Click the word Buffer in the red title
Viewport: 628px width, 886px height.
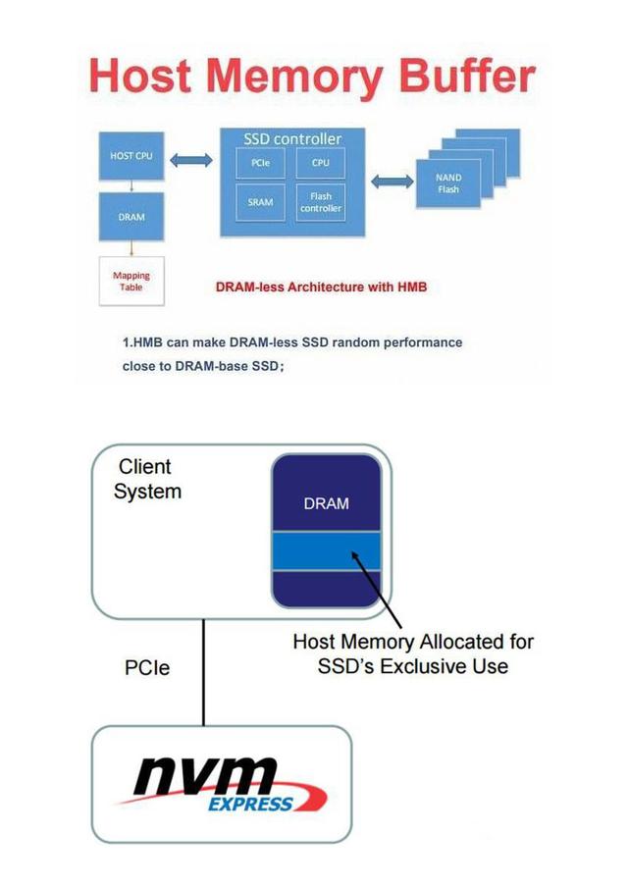[x=460, y=77]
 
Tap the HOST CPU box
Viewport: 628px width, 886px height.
[x=131, y=157]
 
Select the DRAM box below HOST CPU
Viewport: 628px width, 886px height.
[x=131, y=217]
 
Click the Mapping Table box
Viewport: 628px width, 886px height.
[x=131, y=282]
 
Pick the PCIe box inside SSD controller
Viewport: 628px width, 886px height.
[x=260, y=163]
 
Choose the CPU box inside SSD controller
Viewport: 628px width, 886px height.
[x=320, y=163]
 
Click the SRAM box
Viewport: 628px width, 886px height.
[x=260, y=202]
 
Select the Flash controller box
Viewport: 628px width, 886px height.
[x=320, y=202]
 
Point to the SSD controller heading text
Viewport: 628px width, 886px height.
[x=292, y=139]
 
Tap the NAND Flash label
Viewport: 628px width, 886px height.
[x=448, y=183]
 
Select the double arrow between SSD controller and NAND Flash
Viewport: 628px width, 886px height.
[x=392, y=182]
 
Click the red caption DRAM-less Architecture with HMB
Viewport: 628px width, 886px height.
[x=321, y=287]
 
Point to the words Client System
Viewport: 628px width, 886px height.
[x=146, y=479]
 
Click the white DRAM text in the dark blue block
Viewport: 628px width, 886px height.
[x=326, y=504]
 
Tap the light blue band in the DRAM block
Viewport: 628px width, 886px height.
[x=326, y=551]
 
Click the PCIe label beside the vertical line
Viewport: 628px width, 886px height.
[x=146, y=668]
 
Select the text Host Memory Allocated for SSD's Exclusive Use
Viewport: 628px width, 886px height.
[x=413, y=654]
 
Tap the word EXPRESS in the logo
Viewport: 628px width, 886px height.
[x=249, y=805]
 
